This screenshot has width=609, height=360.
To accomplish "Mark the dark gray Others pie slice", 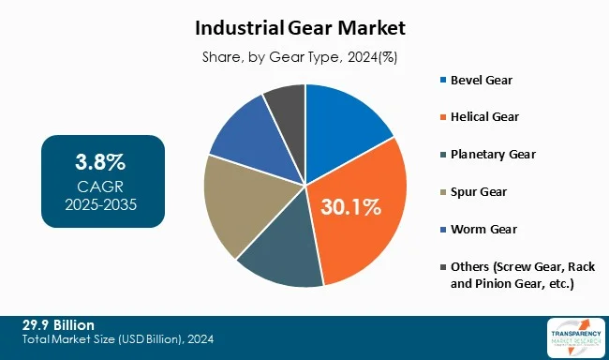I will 285,103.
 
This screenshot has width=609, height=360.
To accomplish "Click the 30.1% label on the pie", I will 352,206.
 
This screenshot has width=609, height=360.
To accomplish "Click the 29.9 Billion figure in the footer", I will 58,324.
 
